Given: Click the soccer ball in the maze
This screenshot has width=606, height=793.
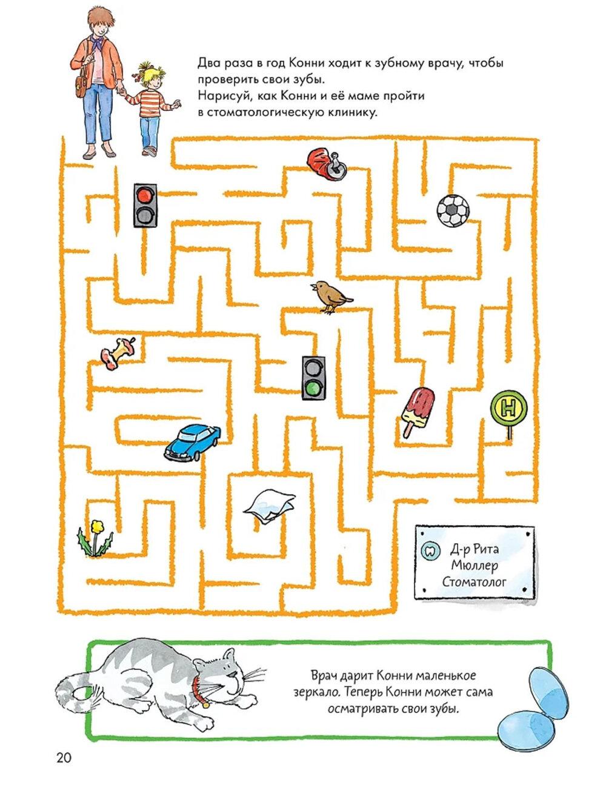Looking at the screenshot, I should [453, 211].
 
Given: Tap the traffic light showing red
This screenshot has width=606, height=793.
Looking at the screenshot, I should [145, 205].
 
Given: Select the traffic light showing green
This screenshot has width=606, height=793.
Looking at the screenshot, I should [313, 377].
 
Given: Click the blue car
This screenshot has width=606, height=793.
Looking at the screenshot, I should [191, 441].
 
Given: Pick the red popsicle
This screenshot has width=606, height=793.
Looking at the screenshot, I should [418, 409].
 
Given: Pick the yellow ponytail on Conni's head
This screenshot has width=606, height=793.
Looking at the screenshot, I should [146, 71].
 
